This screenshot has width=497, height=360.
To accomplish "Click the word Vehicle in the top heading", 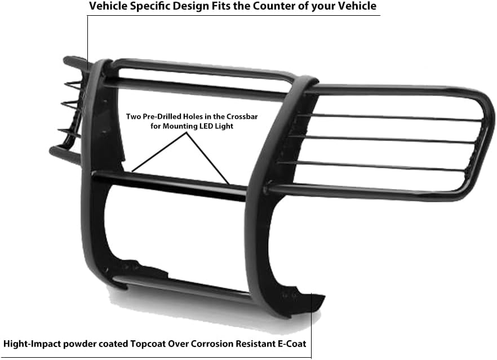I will click(108, 7).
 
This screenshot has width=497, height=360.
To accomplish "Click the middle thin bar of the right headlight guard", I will click(383, 139).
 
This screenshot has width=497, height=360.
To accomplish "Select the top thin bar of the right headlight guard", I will click(389, 117).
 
